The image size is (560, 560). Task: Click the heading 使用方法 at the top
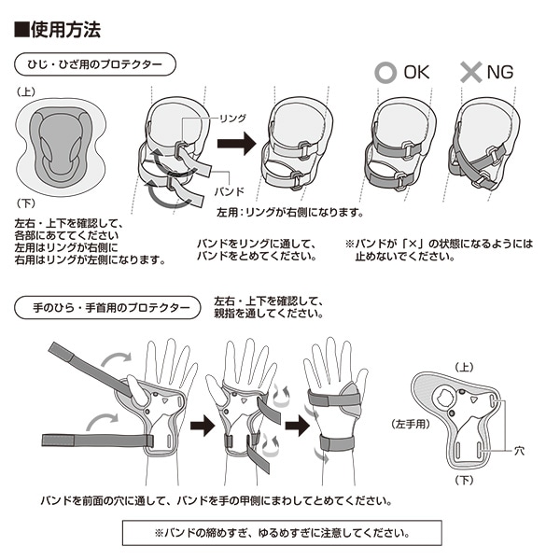click(x=57, y=29)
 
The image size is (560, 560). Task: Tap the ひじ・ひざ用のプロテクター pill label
click(x=95, y=64)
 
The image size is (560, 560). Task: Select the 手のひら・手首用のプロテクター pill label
click(x=107, y=307)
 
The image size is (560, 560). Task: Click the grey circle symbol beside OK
click(x=385, y=72)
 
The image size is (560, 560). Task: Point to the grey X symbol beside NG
click(x=471, y=72)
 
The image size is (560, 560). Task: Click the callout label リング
click(x=232, y=119)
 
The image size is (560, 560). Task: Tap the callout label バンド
click(x=230, y=191)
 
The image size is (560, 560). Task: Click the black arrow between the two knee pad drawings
click(x=237, y=143)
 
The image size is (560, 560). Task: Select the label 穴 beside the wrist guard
click(x=519, y=451)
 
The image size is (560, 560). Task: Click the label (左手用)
click(x=411, y=424)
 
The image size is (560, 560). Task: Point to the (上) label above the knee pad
click(x=26, y=91)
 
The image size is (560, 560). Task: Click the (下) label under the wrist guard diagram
click(x=464, y=480)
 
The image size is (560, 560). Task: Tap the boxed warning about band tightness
click(x=282, y=533)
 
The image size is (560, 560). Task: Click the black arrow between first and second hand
click(x=203, y=426)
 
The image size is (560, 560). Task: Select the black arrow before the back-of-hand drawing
click(x=298, y=426)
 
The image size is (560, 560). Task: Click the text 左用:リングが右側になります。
click(x=290, y=213)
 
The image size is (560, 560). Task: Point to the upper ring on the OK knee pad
click(x=408, y=149)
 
